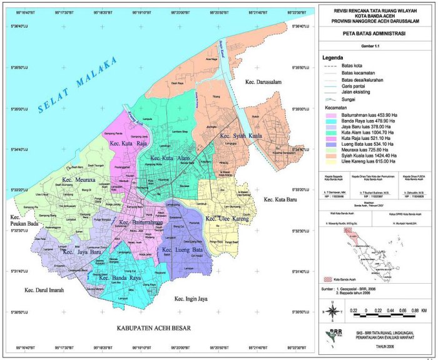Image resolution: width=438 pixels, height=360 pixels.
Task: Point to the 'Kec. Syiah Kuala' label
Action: [240, 136]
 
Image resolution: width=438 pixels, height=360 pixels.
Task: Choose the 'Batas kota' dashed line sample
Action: [331, 65]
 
